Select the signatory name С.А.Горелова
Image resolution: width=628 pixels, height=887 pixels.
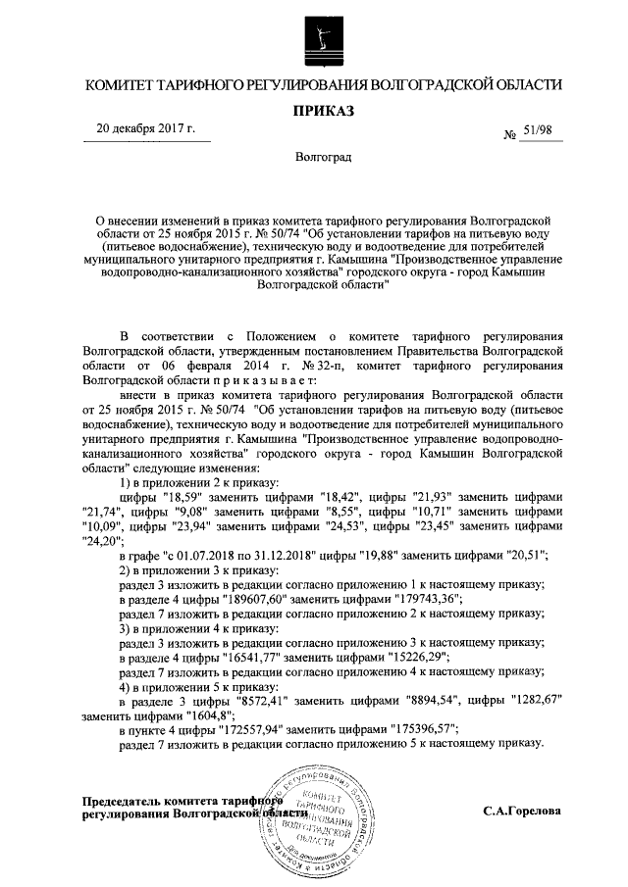(x=522, y=812)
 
